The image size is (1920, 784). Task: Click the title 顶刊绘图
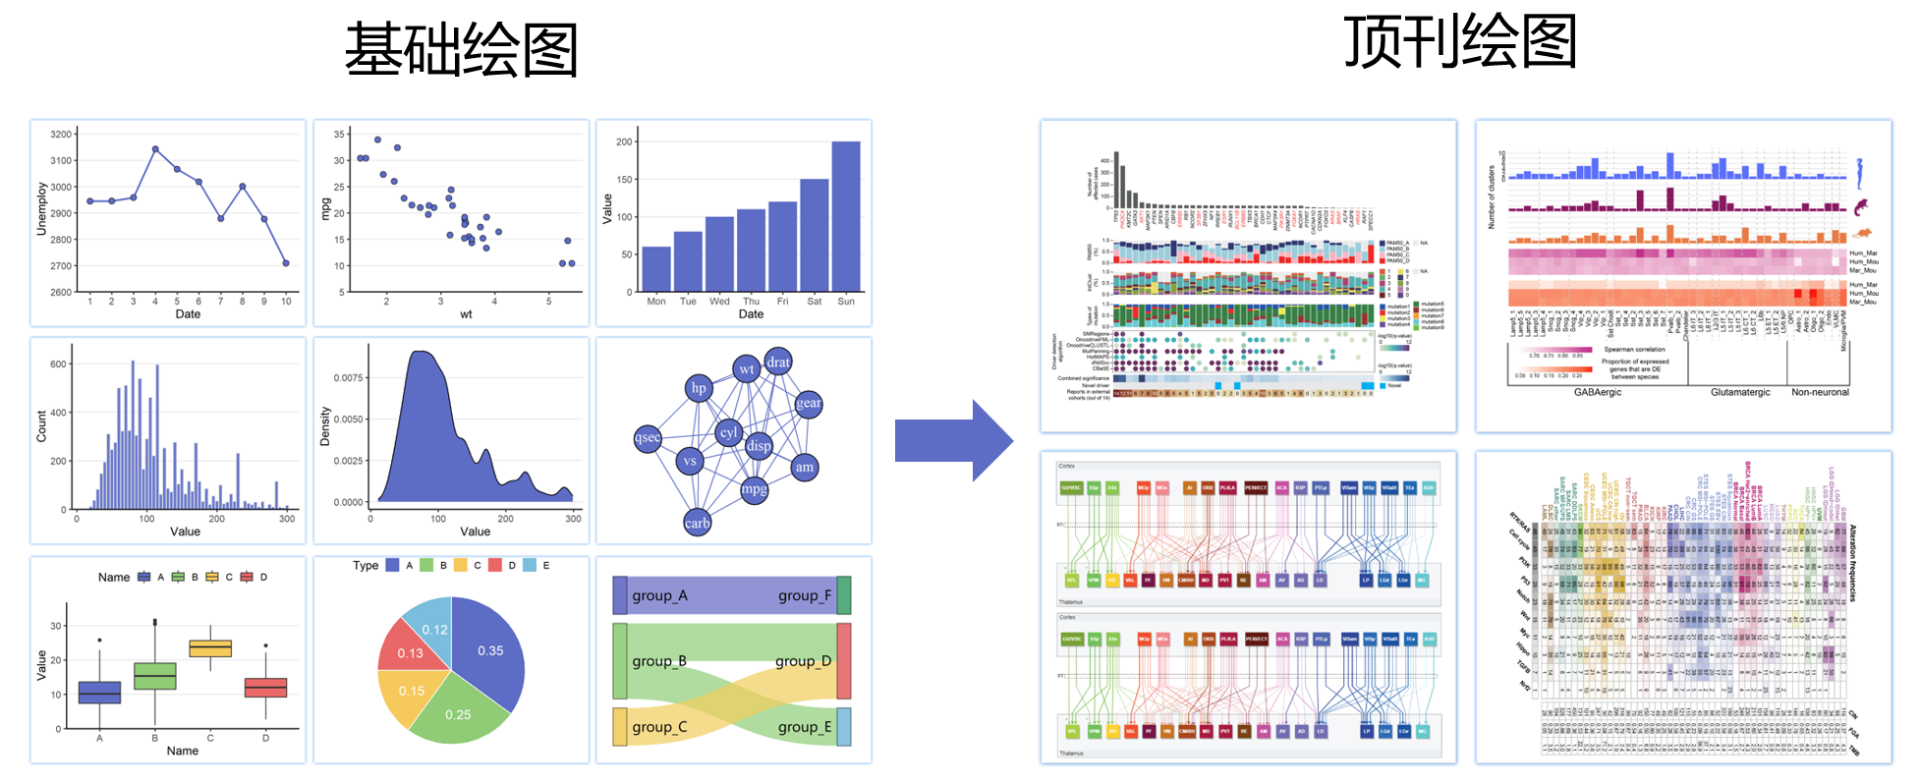tap(1460, 42)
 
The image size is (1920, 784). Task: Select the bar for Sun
tap(845, 216)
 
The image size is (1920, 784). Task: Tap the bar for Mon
tap(656, 268)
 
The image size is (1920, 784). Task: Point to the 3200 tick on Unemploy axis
tap(61, 135)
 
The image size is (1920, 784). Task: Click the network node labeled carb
tap(697, 523)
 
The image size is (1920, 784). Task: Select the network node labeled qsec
tap(648, 438)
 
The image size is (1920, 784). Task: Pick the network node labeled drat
tap(778, 363)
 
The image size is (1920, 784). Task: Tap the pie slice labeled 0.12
tap(434, 630)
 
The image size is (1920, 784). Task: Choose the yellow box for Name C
tap(210, 648)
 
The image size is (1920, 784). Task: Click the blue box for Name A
tap(99, 693)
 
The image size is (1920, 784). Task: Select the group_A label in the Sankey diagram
tap(659, 595)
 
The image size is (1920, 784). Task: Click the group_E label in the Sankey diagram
tap(804, 727)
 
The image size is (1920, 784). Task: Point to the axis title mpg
tap(326, 208)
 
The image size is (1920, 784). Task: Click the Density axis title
tap(325, 426)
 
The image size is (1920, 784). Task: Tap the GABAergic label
tap(1598, 392)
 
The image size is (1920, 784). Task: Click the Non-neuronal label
tap(1820, 392)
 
